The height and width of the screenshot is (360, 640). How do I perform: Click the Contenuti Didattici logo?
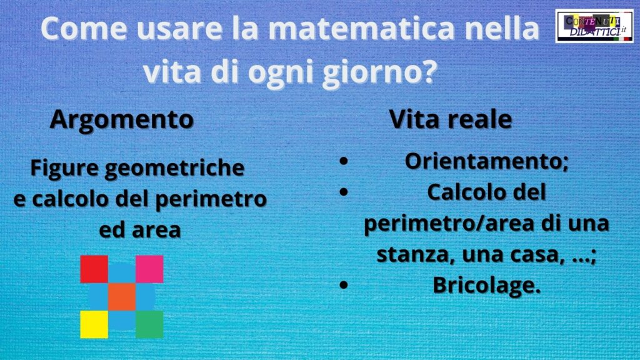pyautogui.click(x=594, y=26)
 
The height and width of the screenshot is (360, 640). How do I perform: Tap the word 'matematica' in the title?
pyautogui.click(x=362, y=28)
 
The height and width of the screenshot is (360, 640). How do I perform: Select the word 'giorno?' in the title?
pyautogui.click(x=379, y=72)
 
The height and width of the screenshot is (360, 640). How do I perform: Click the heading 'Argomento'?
pyautogui.click(x=122, y=120)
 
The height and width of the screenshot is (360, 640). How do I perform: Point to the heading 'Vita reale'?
pyautogui.click(x=450, y=119)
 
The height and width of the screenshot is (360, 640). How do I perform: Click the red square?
pyautogui.click(x=94, y=269)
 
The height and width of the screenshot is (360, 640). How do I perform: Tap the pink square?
pyautogui.click(x=149, y=269)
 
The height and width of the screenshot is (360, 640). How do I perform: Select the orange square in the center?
pyautogui.click(x=122, y=297)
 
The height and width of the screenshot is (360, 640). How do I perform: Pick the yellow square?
pyautogui.click(x=94, y=324)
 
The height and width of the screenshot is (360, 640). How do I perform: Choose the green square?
pyautogui.click(x=149, y=324)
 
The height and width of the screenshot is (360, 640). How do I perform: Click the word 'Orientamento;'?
pyautogui.click(x=486, y=161)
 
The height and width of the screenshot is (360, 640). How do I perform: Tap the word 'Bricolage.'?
pyautogui.click(x=486, y=285)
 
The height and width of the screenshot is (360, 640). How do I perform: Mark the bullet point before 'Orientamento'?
pyautogui.click(x=344, y=161)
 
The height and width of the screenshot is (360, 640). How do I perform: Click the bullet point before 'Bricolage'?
pyautogui.click(x=344, y=285)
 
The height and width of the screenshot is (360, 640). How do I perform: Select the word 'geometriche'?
pyautogui.click(x=174, y=169)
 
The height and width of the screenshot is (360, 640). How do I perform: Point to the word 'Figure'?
pyautogui.click(x=64, y=169)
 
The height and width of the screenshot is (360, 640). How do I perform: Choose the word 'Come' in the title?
pyautogui.click(x=84, y=28)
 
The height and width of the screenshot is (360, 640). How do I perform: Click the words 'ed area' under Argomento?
pyautogui.click(x=140, y=230)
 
